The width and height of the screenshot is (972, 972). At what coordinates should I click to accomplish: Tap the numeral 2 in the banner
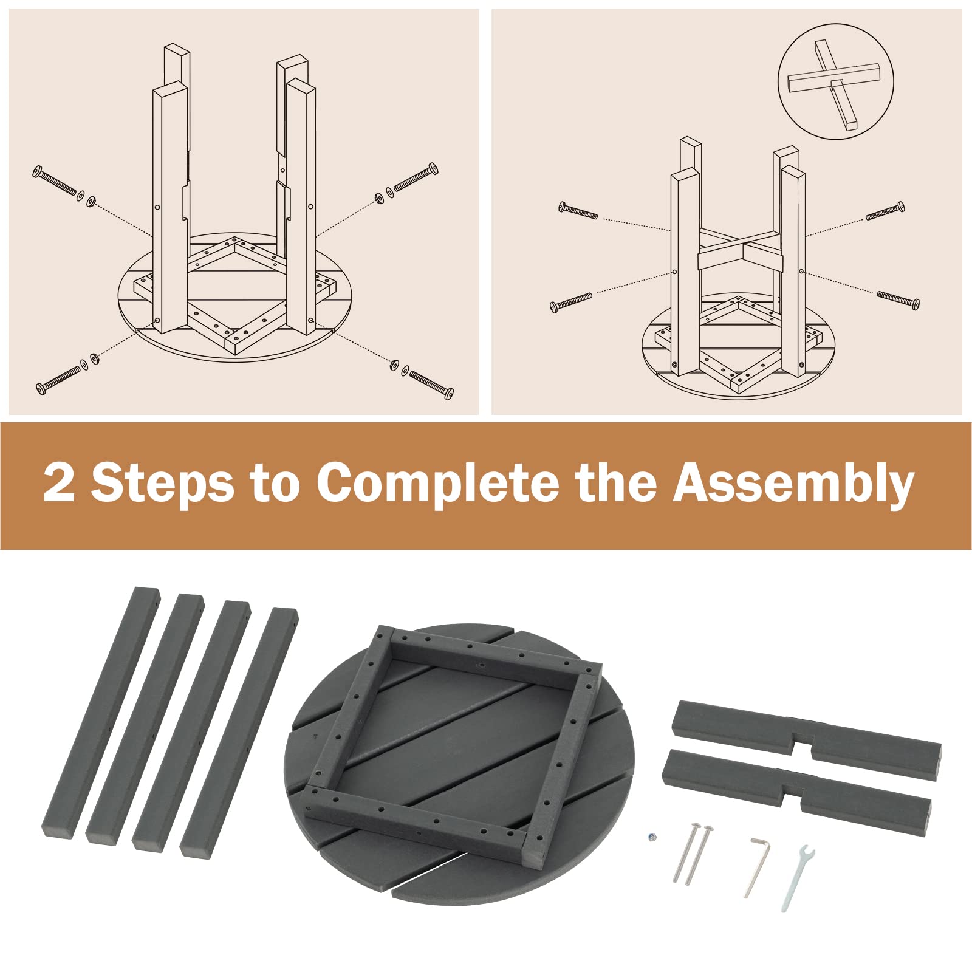(x=59, y=481)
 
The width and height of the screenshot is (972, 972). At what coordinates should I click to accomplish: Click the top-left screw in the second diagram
(x=578, y=210)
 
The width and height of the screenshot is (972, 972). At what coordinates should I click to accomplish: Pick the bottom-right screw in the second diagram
(x=898, y=300)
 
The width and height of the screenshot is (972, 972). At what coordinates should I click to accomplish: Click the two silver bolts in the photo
(x=693, y=854)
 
